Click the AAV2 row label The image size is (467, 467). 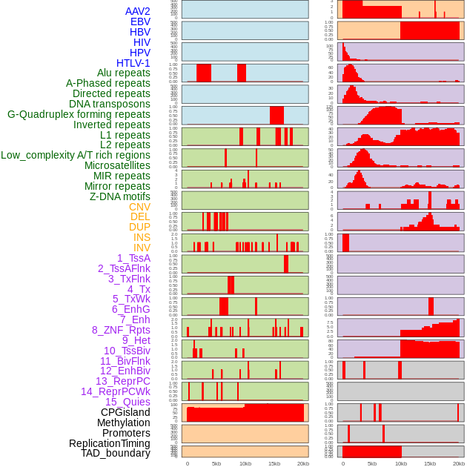[x=138, y=11]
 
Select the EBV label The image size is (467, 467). [x=140, y=21]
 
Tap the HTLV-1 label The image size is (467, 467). [x=133, y=63]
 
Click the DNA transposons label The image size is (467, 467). [x=110, y=104]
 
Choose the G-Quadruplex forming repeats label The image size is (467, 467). [x=79, y=114]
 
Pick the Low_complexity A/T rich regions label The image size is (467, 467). [x=76, y=155]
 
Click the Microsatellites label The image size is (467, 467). [x=117, y=165]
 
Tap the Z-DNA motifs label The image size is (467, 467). [x=120, y=196]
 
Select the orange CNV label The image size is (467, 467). [x=139, y=207]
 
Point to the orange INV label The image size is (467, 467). [x=142, y=248]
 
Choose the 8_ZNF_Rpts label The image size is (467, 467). [x=121, y=330]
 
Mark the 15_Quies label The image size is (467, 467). [x=127, y=402]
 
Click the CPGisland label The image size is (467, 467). [x=125, y=412]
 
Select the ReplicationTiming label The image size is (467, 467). [x=110, y=443]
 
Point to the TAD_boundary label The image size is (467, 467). [x=116, y=453]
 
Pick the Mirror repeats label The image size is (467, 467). [x=117, y=186]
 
